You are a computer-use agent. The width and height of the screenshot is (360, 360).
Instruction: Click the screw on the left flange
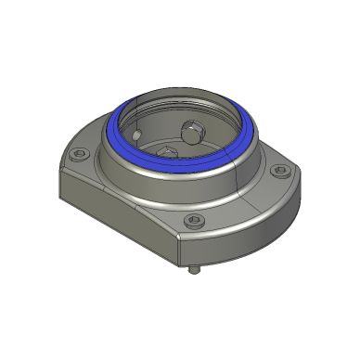[x=81, y=156]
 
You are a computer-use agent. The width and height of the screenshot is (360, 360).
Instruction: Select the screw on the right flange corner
[x=278, y=170]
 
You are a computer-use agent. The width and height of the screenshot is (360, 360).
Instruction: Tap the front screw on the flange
[x=193, y=221]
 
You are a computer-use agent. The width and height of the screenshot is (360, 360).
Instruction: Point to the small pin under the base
[x=193, y=272]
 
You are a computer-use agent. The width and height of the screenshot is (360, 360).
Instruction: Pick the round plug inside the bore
[x=193, y=133]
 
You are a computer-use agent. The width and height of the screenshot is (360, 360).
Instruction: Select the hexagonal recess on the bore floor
[x=167, y=149]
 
